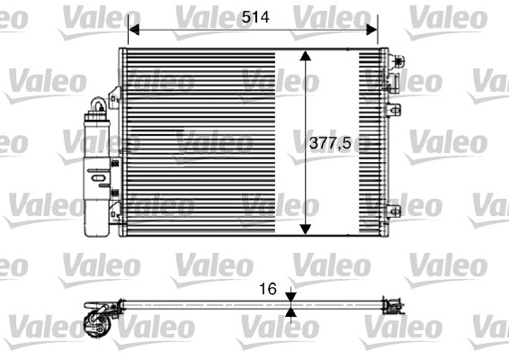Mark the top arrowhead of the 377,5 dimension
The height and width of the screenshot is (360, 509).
pos(308,56)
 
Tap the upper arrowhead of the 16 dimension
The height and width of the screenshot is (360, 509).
pos(290,298)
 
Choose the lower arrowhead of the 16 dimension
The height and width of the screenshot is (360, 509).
pos(290,314)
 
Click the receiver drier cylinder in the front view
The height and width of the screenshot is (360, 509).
pos(95,171)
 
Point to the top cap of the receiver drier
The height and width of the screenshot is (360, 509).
pos(95,105)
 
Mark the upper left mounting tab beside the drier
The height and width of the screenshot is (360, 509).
pos(114,98)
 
